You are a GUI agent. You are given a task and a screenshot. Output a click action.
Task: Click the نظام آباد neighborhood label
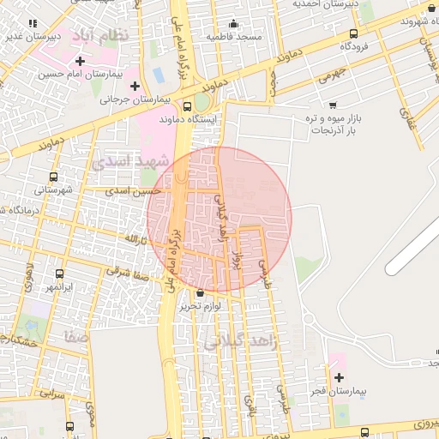[x=108, y=39]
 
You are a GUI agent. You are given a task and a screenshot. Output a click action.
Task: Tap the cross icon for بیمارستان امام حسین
[x=81, y=61]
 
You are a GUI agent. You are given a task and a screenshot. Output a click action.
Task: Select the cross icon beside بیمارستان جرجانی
[x=135, y=86]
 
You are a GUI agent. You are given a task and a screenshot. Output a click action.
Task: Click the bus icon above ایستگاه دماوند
[x=188, y=106]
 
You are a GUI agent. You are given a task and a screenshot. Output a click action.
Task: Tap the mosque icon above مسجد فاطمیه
[x=233, y=23]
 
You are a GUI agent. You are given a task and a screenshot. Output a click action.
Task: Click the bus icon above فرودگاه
[x=353, y=33]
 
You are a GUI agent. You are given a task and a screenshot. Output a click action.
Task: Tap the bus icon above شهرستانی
[x=54, y=177]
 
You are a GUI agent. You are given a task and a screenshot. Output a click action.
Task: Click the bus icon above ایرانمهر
[x=59, y=273]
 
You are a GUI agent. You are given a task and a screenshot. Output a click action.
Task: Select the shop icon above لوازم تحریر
[x=201, y=292]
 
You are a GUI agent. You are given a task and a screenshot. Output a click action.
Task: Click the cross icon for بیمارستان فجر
[x=340, y=377]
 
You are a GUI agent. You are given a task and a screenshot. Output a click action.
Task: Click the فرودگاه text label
[x=354, y=47]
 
